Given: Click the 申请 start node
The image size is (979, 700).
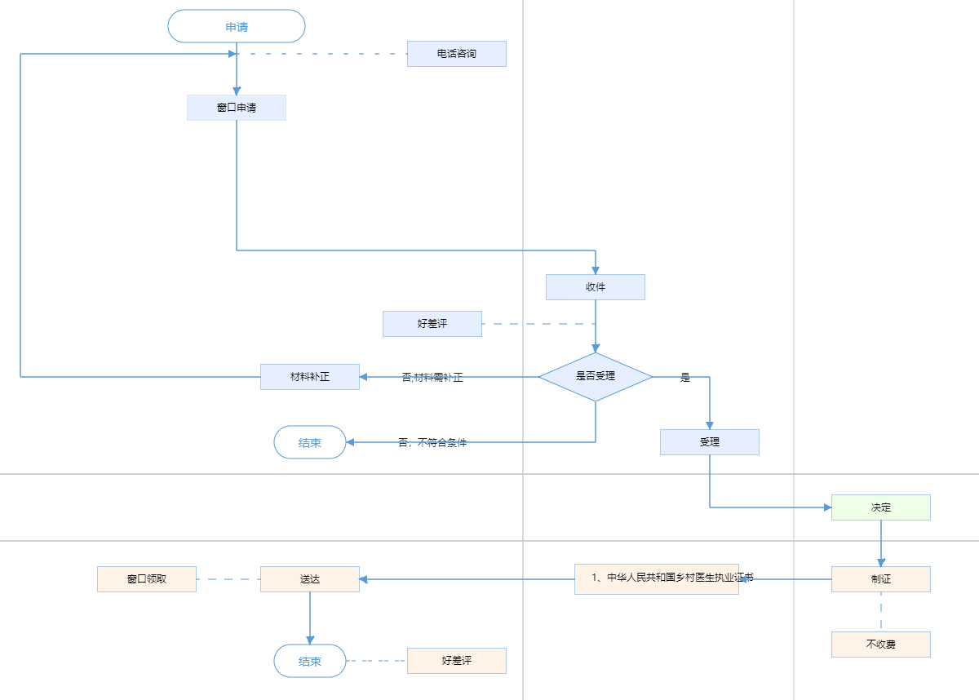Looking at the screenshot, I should (236, 26).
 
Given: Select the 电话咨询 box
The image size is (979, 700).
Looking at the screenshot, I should (457, 54).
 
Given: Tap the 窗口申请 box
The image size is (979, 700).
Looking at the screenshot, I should (237, 108).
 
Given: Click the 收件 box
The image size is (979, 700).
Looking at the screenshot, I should (596, 287).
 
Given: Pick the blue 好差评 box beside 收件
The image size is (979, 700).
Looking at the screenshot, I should (432, 324).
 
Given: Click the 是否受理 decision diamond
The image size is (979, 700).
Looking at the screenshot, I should (596, 377).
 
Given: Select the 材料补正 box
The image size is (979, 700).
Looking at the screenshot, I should (310, 377).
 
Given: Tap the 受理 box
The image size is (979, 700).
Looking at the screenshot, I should (710, 442).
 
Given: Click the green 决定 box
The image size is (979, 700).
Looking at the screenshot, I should (881, 507).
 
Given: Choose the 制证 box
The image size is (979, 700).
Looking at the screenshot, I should (881, 579).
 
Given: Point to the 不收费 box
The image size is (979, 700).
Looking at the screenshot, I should (881, 645).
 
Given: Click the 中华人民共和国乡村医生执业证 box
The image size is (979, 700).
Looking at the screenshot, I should (657, 579).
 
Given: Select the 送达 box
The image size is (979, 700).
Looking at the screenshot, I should (310, 579).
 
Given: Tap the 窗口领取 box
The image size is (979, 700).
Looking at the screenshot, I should (147, 579).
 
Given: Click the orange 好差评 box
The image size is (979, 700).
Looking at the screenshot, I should (457, 661).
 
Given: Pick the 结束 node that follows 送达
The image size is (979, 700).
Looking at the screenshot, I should (310, 661).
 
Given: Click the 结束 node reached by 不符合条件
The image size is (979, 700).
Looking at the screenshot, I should (310, 442).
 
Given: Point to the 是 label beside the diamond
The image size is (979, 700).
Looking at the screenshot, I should (685, 378).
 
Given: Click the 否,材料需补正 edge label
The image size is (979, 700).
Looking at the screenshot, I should (432, 378).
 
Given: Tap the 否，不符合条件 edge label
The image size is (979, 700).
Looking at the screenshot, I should (432, 443).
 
